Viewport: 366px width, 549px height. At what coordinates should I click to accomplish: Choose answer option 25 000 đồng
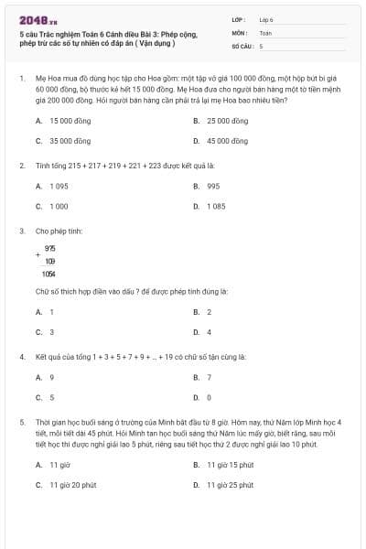tap(226, 121)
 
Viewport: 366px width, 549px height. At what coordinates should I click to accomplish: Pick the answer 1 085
tap(216, 207)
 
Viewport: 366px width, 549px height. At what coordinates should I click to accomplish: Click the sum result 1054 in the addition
tap(48, 274)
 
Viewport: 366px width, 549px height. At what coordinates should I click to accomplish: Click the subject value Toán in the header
tap(265, 32)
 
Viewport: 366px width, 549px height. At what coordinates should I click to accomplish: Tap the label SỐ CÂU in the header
tap(242, 45)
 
